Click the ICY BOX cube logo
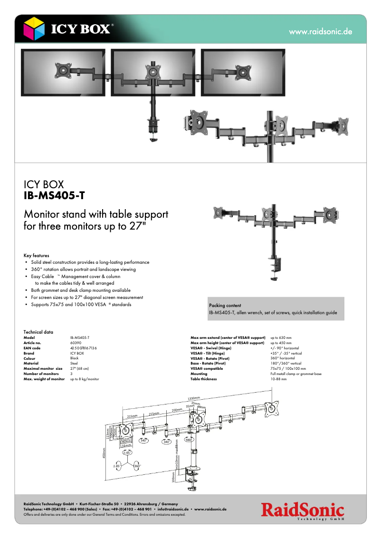click(x=35, y=29)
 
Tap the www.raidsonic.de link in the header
click(x=320, y=32)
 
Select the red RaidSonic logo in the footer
click(x=302, y=511)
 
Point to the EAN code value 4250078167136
click(x=84, y=348)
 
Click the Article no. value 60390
click(x=76, y=343)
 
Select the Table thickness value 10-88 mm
click(x=278, y=379)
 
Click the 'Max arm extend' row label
click(x=228, y=337)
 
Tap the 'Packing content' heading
click(x=225, y=306)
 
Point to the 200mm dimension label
click(x=177, y=410)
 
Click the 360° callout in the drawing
click(x=137, y=466)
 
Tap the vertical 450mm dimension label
click(x=103, y=453)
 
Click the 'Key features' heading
click(x=36, y=255)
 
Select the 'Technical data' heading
click(x=38, y=332)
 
